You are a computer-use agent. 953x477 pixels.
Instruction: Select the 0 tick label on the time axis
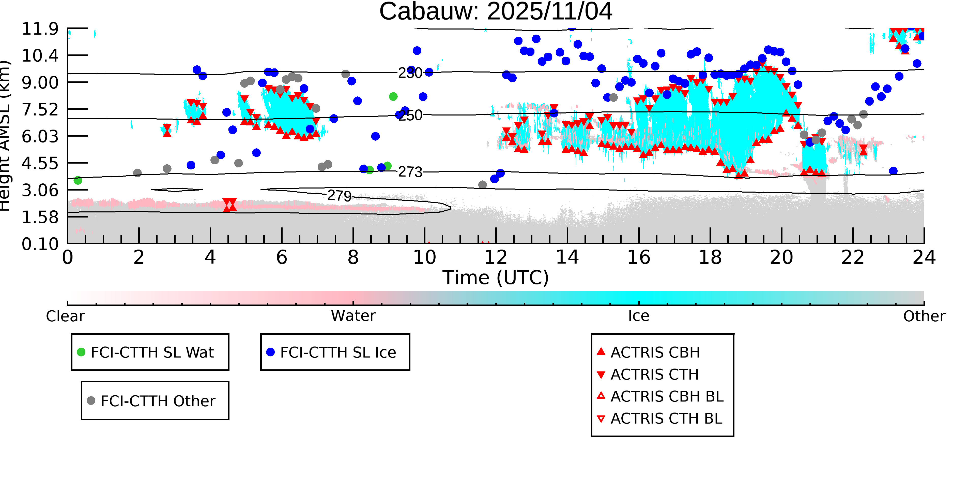[x=68, y=257]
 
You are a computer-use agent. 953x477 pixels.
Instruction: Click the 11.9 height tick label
[x=40, y=29]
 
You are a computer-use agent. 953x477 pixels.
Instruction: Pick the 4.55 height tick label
[x=40, y=163]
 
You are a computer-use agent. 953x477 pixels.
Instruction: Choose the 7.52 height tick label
[x=40, y=110]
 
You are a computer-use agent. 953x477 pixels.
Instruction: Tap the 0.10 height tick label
[x=40, y=244]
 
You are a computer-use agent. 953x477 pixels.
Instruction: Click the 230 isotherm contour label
[x=410, y=73]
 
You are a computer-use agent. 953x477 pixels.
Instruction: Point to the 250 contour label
[x=410, y=115]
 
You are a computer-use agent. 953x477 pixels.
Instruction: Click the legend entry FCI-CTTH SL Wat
[x=152, y=352]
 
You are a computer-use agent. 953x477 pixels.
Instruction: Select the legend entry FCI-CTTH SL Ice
[x=338, y=352]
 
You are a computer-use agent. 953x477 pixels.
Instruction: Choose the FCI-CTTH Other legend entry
[x=158, y=401]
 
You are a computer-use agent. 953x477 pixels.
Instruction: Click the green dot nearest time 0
[x=78, y=180]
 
